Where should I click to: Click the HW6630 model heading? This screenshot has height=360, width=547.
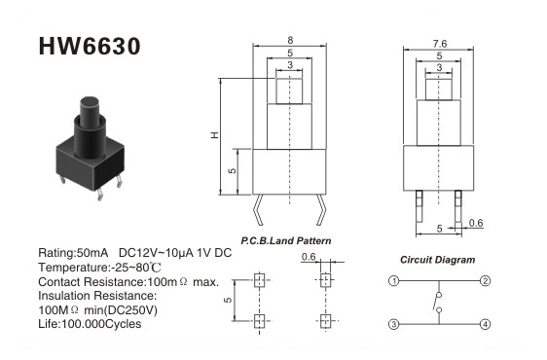[x=90, y=46]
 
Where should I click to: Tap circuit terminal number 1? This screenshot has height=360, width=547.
[x=394, y=281]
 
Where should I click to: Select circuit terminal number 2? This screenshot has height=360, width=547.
[x=486, y=281]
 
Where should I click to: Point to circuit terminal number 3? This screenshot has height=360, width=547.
[x=394, y=324]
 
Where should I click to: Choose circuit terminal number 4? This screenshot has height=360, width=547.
[x=486, y=324]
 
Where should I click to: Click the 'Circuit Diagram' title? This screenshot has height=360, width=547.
[x=437, y=260]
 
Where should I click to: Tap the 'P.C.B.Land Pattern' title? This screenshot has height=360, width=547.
[x=286, y=240]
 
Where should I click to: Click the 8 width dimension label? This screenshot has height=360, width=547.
[x=290, y=40]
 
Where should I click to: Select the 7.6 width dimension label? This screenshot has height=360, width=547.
[x=440, y=44]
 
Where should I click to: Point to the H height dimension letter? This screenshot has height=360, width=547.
[x=215, y=135]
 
